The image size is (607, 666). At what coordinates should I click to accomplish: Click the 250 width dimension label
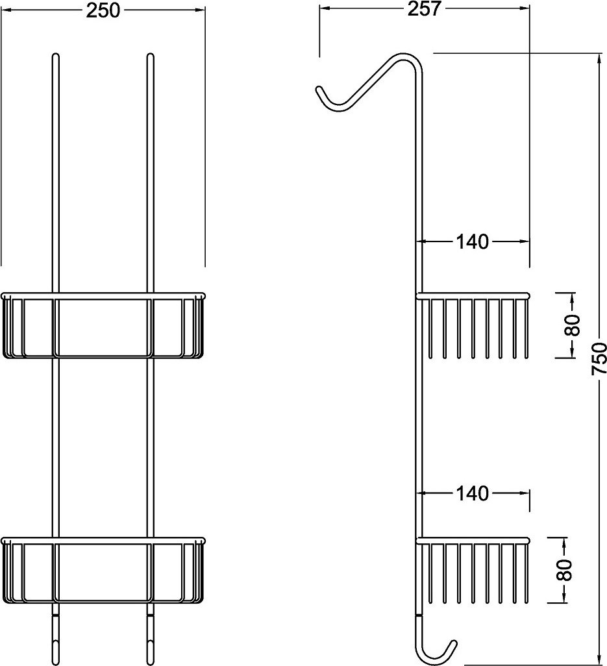pos(103,10)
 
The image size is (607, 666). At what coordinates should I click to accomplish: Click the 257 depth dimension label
pos(425,8)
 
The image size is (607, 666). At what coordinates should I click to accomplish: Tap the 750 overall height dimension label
pos(599,358)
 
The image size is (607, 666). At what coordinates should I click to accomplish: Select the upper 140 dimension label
pos(473,241)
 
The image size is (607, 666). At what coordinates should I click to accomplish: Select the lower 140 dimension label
pos(473,493)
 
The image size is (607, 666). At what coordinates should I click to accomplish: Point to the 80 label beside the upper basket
pos(572,325)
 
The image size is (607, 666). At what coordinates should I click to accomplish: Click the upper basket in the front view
pos(103,325)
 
